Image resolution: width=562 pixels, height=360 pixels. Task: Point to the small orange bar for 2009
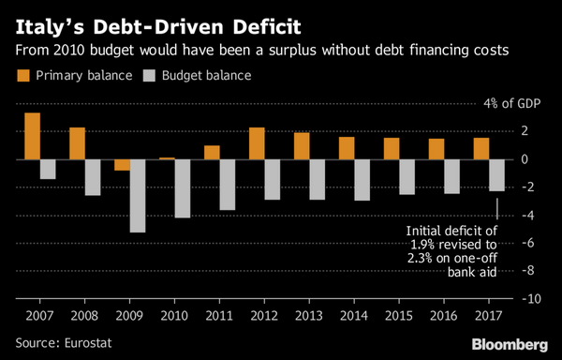(122, 165)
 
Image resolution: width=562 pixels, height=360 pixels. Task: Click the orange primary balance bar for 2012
(257, 143)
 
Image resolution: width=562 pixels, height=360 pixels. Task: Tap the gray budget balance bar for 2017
(497, 175)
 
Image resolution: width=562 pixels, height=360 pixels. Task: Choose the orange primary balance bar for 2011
(212, 153)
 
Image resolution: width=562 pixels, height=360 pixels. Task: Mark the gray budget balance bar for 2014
(362, 180)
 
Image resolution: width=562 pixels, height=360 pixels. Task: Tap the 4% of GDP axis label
(511, 103)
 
